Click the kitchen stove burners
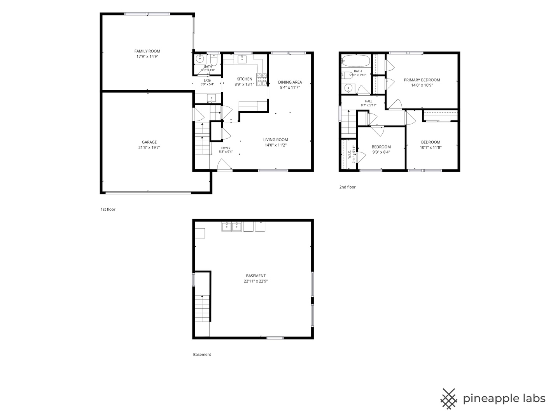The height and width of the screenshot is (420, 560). pos(261,79)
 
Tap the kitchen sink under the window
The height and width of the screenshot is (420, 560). pos(241,59)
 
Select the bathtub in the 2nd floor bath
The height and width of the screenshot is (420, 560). pos(356,61)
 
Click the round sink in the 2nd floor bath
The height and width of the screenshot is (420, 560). pos(348,88)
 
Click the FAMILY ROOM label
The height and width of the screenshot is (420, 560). pos(147,51)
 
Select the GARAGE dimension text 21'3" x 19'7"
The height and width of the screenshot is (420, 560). pos(149,147)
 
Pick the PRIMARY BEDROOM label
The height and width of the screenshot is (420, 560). pos(422,80)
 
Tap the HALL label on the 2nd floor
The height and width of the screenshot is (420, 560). pos(368,101)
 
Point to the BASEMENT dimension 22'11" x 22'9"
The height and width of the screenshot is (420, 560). pos(255,281)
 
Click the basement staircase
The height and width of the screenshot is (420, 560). pos(202,308)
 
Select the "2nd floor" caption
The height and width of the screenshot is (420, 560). pos(347,187)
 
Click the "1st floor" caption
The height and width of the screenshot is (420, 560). pos(108,209)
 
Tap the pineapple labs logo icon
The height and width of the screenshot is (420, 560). pos(448,399)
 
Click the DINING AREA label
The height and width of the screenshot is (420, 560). pos(290,82)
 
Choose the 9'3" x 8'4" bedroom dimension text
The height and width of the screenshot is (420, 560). pos(381,152)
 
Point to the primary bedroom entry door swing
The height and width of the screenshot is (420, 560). pos(395,104)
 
